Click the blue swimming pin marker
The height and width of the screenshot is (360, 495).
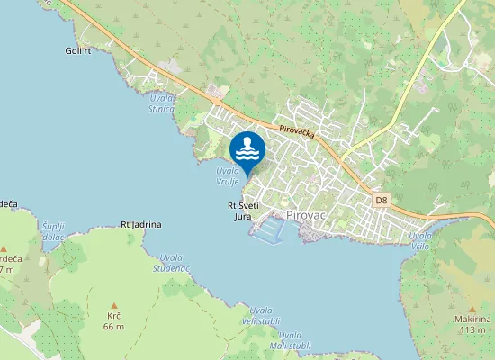tap(247, 148)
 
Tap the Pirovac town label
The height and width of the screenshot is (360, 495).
tap(304, 215)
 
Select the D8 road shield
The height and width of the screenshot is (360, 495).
tap(382, 200)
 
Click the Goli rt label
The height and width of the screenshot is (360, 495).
tap(79, 51)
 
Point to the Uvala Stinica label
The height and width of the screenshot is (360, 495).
tap(162, 103)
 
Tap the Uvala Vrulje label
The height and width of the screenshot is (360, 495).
tap(228, 175)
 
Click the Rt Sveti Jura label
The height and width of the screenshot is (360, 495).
tap(242, 211)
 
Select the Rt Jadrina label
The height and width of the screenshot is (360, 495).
tap(139, 224)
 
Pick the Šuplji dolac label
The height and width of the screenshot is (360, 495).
tap(54, 230)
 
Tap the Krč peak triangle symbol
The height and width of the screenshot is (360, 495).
tap(113, 305)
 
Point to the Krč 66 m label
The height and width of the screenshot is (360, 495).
tap(113, 320)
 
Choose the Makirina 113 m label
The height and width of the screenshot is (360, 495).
tap(473, 324)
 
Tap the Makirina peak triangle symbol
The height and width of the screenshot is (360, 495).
tap(473, 307)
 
